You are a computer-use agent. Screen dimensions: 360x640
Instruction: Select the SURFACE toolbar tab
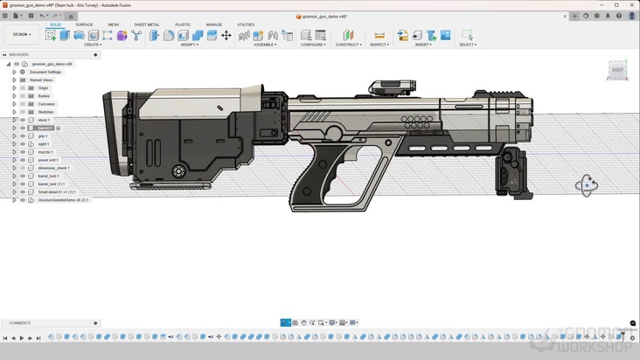click(84, 24)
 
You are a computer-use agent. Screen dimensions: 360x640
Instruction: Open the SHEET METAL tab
click(146, 24)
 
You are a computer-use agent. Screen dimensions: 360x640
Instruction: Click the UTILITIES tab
click(246, 24)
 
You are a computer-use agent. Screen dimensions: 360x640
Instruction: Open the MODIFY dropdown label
click(190, 45)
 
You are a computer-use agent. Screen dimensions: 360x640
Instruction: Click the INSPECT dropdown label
click(379, 45)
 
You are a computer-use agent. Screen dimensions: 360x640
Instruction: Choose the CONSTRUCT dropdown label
click(348, 45)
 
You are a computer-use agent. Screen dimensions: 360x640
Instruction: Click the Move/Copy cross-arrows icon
click(226, 35)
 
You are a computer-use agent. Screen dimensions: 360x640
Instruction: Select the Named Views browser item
click(41, 80)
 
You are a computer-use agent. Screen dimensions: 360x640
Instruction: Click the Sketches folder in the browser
click(46, 112)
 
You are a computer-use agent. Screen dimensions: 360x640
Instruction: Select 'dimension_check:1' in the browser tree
click(53, 168)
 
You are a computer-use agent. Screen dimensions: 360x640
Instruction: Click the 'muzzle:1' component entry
click(45, 152)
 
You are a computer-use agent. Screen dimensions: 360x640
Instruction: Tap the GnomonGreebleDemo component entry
click(63, 200)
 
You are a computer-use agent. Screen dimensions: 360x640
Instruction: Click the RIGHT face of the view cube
click(617, 69)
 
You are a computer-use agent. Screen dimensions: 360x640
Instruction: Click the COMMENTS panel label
click(19, 322)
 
